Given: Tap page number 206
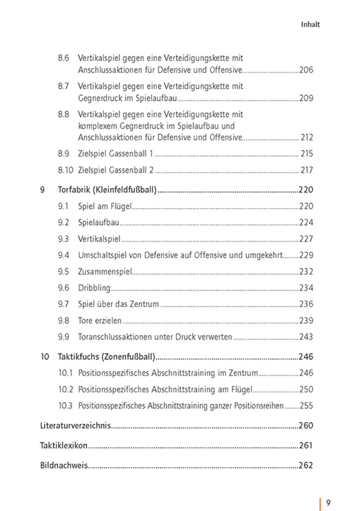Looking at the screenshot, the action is [306, 70].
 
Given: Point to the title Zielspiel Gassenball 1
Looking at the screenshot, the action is [116, 154].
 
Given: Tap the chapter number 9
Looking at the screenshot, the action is [42, 190].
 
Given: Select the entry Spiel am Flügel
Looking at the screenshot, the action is [105, 206].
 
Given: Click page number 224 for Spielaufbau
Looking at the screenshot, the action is [306, 222].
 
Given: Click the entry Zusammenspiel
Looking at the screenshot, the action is [105, 271].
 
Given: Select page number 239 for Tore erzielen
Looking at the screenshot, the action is [306, 320].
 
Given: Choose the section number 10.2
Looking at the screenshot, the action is [65, 389].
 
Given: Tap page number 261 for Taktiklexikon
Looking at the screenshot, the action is [306, 446].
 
